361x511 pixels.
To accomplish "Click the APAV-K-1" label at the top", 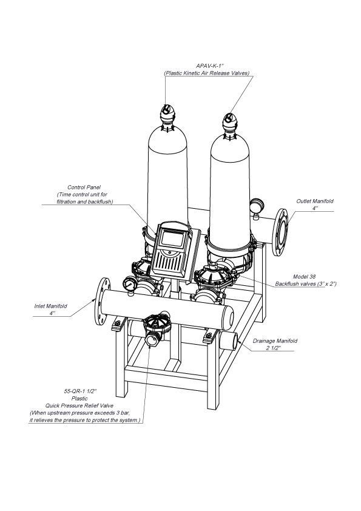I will (206, 66).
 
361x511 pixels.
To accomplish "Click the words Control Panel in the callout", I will (84, 188).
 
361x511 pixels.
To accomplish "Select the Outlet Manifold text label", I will (314, 201).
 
